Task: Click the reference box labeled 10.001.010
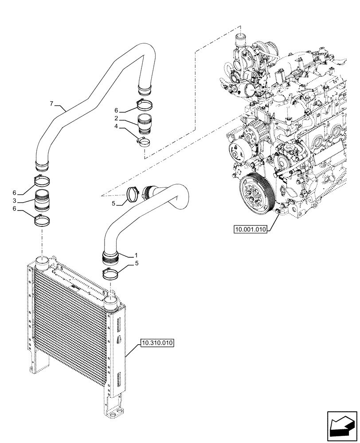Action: (250, 229)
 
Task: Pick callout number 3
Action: (15, 202)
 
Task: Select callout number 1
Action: (136, 256)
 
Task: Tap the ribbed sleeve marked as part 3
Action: (42, 200)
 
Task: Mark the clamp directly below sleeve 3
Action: (43, 219)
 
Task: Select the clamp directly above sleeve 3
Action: (42, 180)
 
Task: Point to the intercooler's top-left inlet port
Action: (43, 260)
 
